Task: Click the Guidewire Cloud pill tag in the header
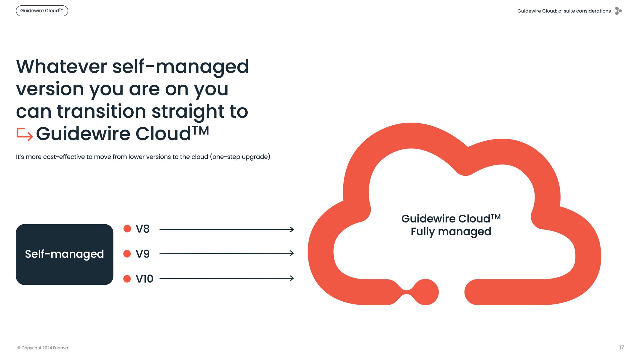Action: [x=42, y=11]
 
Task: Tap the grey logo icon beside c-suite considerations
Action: [x=618, y=11]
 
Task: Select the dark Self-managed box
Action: [x=65, y=254]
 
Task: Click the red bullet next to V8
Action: [x=127, y=229]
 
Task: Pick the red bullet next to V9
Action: [x=127, y=254]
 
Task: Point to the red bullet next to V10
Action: [x=127, y=279]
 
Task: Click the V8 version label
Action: [x=143, y=229]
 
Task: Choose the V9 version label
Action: [x=143, y=254]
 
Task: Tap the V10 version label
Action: [x=144, y=279]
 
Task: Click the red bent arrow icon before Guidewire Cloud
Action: [x=25, y=134]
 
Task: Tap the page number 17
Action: [x=621, y=348]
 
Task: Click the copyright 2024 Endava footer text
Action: [x=43, y=348]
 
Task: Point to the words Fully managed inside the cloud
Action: [x=451, y=231]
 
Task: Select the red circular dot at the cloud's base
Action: [x=426, y=292]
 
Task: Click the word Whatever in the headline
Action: [x=61, y=66]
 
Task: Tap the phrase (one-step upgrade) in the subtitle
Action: [x=240, y=157]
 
